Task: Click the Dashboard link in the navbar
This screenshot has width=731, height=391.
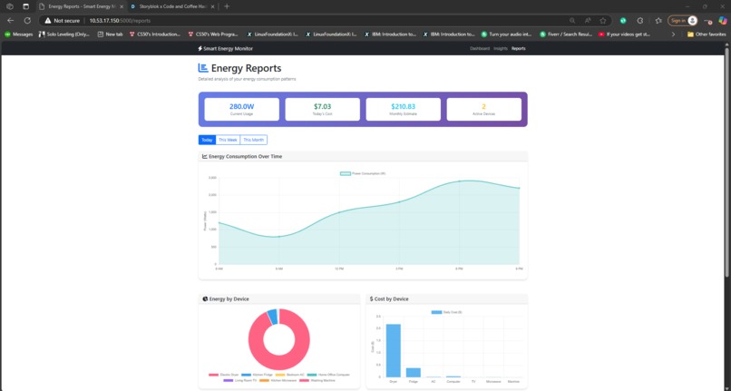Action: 480,48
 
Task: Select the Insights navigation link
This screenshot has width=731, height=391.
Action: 501,48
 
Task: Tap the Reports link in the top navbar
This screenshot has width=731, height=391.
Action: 519,48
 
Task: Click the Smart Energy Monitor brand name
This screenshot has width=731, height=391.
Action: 227,48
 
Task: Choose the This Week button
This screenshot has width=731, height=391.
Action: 228,140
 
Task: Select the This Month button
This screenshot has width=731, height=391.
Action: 254,140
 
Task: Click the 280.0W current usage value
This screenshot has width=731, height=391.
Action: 241,106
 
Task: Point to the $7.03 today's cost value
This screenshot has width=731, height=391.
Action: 322,106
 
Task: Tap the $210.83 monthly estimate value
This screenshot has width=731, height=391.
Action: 403,106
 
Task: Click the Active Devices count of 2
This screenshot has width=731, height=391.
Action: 483,106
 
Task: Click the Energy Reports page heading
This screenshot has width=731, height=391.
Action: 246,68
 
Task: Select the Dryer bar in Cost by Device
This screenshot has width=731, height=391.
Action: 394,350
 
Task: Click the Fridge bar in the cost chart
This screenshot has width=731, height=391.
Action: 414,372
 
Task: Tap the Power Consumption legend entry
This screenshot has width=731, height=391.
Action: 363,172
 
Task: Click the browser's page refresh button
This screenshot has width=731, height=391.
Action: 27,20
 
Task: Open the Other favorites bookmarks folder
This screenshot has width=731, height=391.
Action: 707,34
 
